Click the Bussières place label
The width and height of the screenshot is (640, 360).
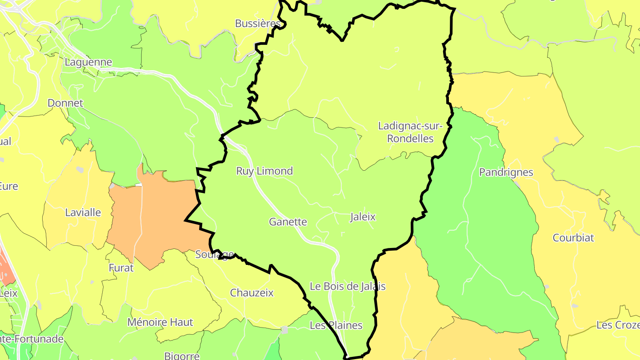point(258,24)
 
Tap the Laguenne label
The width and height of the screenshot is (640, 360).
point(88,62)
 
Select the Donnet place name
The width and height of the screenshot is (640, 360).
point(65,103)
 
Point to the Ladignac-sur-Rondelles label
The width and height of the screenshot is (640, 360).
point(410,132)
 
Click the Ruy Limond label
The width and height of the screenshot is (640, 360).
point(264,171)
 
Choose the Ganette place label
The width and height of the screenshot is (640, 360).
point(288,222)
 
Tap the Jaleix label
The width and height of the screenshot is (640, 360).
point(363,217)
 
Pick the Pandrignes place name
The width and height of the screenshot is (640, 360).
point(506,172)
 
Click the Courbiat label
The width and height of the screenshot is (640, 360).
point(573,238)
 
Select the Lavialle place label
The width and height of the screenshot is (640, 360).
point(83,212)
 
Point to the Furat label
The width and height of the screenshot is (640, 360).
point(121,268)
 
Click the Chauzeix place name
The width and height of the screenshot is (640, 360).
point(252,293)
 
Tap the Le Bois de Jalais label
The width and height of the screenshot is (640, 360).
point(348,286)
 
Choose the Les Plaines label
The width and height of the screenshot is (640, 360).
point(336,325)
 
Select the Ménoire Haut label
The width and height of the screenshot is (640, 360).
point(160,322)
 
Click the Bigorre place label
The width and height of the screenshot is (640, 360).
point(182,356)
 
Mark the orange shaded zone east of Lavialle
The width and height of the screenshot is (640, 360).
point(153,218)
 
